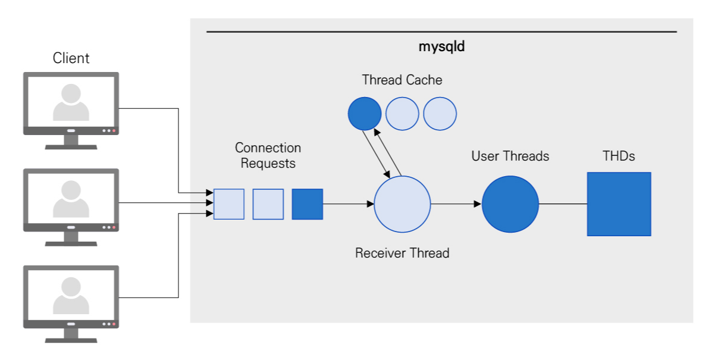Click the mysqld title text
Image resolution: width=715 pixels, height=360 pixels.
click(441, 47)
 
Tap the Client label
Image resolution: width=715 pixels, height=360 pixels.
click(71, 58)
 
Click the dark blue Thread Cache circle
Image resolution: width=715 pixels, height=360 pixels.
click(364, 114)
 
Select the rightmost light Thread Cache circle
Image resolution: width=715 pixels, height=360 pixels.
click(440, 114)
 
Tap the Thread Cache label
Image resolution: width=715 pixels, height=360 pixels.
click(402, 80)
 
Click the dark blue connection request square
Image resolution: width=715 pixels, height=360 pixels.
click(307, 204)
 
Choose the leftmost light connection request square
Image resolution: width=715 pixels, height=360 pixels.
click(229, 204)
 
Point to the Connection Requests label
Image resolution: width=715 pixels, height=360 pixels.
click(268, 155)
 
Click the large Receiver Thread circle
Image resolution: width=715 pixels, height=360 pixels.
click(402, 204)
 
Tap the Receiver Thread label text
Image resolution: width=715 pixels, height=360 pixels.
click(402, 253)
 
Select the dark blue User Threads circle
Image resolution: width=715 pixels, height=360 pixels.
click(510, 204)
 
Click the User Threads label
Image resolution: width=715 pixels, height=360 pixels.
click(510, 156)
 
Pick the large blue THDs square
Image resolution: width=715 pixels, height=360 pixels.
click(619, 204)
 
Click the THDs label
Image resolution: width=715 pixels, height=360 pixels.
click(619, 156)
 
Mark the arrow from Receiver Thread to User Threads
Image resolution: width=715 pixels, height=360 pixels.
click(456, 204)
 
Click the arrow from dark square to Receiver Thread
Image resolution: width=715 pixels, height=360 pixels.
click(348, 204)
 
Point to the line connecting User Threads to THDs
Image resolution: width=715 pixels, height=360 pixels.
click(563, 204)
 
